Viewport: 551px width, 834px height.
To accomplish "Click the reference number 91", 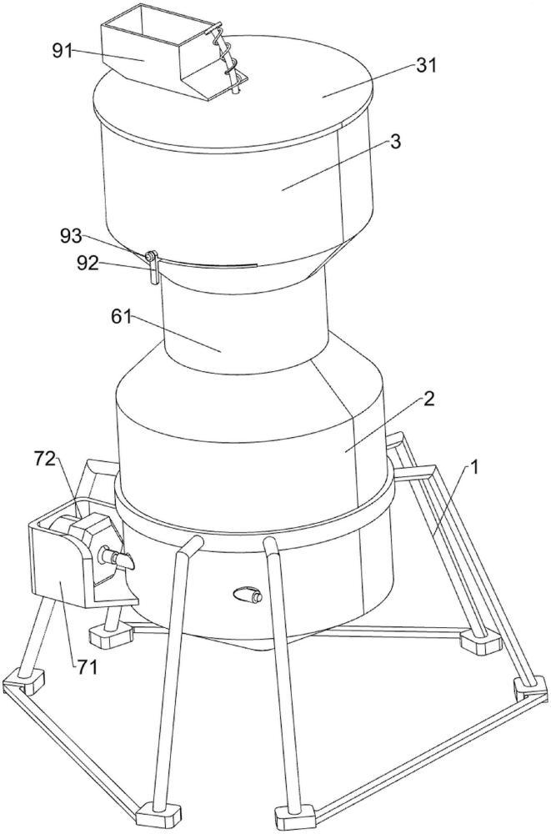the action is coord(62,52).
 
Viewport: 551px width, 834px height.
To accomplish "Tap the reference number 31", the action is coord(426,65).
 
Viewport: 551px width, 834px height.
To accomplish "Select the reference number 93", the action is coord(71,236).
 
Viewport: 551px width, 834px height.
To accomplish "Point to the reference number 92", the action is coord(88,262).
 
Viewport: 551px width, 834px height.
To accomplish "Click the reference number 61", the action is coord(121,317).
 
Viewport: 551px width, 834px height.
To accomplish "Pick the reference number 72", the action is coord(45,458).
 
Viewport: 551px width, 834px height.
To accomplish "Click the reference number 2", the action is coord(428,399).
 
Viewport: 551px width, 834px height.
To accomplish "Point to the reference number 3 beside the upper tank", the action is coord(396,142).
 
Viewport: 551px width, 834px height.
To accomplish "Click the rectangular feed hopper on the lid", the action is coord(159,50).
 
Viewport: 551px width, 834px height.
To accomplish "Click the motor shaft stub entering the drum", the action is coord(115,557).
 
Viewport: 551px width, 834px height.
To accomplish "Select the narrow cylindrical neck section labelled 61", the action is coord(244,319).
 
